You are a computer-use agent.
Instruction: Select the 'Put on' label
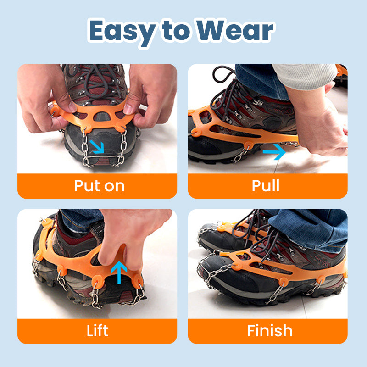[99, 186]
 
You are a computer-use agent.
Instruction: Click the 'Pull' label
[266, 186]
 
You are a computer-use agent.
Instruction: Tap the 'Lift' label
[97, 331]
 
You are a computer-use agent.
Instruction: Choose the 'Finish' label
[269, 331]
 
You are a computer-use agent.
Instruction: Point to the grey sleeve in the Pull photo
[303, 76]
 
